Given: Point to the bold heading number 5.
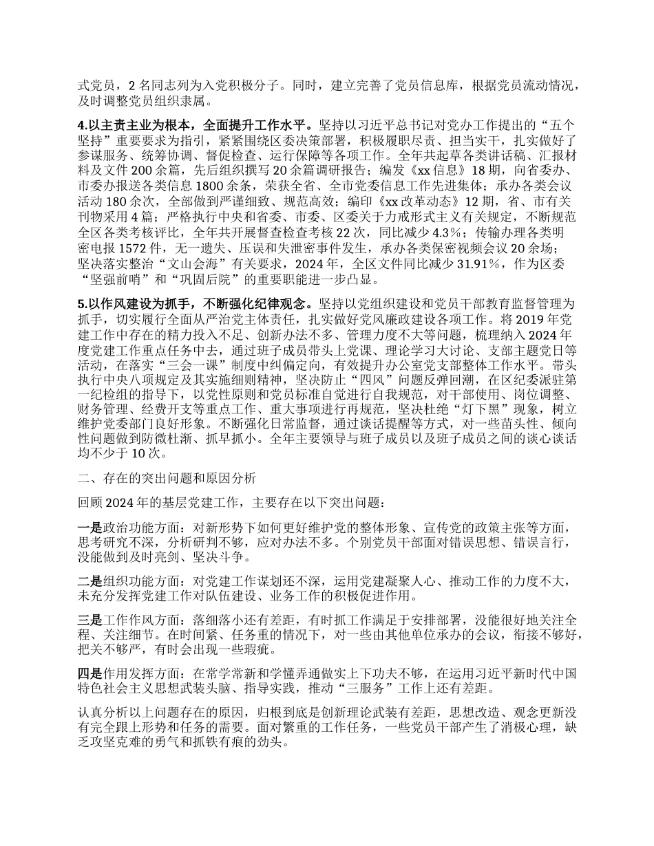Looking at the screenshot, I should (x=83, y=303).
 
